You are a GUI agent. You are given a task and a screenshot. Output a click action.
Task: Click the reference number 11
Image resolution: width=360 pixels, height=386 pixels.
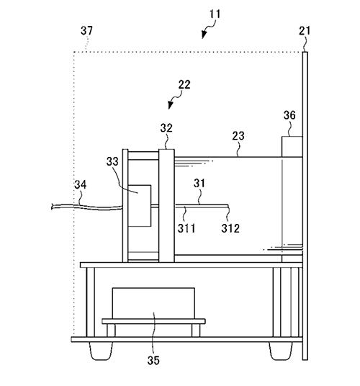[x=215, y=14]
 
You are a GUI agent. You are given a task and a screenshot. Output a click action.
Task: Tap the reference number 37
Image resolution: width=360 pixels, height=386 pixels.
[x=86, y=31]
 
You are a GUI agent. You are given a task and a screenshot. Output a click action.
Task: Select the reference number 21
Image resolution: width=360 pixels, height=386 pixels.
[x=305, y=31]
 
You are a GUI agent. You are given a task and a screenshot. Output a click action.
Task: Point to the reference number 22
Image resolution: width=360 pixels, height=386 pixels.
[x=184, y=85]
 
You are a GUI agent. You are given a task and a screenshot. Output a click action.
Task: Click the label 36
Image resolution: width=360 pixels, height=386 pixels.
[x=289, y=115]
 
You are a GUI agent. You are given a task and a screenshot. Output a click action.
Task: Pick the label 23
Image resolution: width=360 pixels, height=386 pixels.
[x=238, y=136]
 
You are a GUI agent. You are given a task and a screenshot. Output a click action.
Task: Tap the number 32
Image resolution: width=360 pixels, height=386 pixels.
[x=166, y=128]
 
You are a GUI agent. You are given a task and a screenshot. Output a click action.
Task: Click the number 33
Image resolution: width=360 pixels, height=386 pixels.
[x=112, y=161]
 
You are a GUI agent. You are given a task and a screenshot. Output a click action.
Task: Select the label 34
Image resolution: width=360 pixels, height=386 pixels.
[x=81, y=184]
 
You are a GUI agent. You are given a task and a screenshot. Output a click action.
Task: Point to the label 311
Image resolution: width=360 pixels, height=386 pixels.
[x=186, y=229]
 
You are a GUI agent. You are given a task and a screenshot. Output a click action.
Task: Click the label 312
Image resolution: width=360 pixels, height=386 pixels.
[x=230, y=229]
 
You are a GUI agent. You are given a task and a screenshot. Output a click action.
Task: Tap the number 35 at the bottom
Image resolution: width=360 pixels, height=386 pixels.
[x=153, y=360]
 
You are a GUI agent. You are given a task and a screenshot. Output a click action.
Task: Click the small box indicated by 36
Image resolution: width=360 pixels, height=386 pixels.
[x=292, y=147]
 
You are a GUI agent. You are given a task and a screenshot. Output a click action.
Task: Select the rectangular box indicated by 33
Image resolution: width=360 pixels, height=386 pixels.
[x=140, y=205]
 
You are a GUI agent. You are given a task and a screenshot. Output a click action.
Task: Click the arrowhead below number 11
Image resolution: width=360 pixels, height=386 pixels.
[x=203, y=35]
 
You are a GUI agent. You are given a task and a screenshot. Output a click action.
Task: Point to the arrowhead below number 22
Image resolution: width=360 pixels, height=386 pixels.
[x=170, y=105]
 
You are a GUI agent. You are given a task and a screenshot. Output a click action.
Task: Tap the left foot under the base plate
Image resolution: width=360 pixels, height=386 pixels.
[x=101, y=351]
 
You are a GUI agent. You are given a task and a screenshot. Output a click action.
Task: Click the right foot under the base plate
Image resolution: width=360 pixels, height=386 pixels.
[x=281, y=351]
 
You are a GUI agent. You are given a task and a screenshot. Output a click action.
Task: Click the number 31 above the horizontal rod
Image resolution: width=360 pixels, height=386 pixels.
[x=199, y=183]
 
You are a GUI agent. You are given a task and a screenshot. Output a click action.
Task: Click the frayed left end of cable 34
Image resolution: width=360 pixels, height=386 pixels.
[x=52, y=207]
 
